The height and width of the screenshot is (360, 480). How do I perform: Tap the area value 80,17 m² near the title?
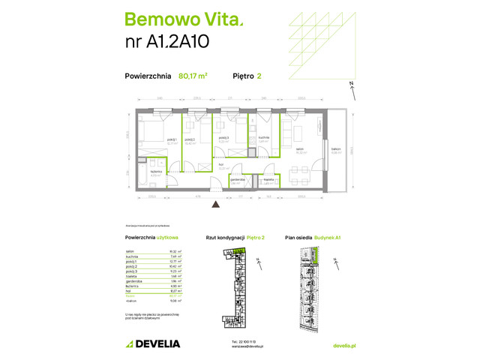[193, 75]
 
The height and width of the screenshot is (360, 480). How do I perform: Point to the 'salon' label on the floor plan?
[298, 150]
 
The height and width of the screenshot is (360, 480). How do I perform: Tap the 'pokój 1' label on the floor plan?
[152, 139]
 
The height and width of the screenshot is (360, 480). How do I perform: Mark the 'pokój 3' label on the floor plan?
[223, 138]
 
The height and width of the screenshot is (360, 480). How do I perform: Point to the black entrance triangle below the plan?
[216, 203]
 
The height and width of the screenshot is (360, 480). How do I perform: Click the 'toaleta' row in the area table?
[131, 275]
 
